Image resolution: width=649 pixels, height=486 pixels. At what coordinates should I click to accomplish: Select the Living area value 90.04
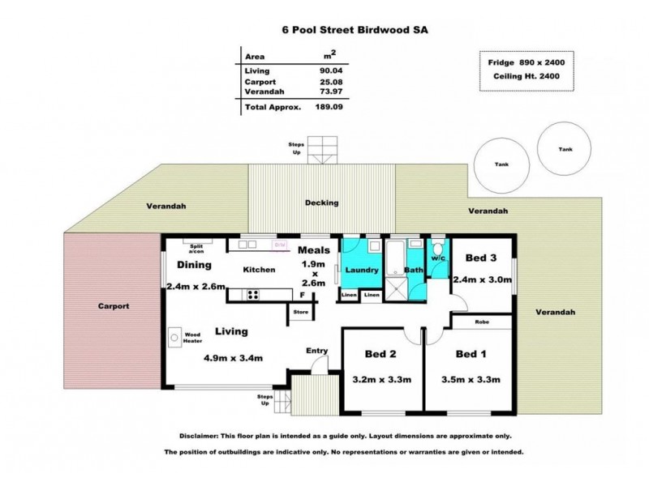329,70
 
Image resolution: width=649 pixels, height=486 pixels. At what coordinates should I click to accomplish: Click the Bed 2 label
380,354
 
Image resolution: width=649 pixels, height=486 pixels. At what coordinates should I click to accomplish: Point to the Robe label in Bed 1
482,323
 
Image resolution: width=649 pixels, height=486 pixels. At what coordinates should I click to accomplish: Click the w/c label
438,258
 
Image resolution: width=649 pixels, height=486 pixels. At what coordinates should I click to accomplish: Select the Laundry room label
362,270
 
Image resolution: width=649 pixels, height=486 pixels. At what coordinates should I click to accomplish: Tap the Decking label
321,202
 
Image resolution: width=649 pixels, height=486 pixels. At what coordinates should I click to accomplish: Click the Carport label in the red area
114,307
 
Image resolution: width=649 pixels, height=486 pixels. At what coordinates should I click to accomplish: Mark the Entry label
316,350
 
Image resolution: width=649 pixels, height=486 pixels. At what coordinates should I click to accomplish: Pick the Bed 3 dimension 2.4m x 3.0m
484,279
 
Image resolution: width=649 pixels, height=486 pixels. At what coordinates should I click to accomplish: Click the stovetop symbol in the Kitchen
252,295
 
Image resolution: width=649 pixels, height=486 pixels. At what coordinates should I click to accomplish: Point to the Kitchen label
260,270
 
